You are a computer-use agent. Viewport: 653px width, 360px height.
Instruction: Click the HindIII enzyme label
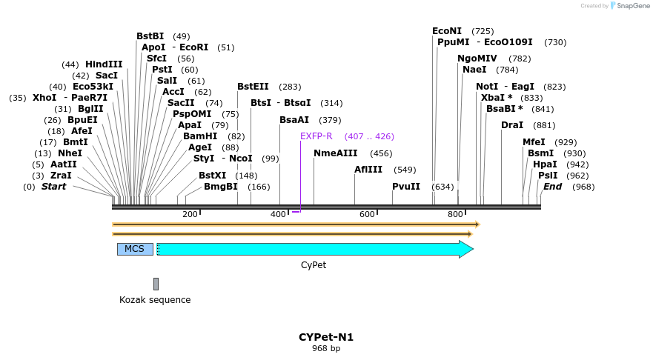[104, 64]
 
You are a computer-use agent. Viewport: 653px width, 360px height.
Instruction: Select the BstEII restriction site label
[253, 87]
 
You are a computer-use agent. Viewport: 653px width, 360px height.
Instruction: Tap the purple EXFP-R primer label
[316, 136]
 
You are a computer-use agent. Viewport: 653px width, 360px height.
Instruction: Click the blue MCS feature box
[135, 249]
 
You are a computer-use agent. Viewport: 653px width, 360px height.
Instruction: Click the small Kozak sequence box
[156, 284]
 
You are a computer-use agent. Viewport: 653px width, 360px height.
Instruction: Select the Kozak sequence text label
[155, 300]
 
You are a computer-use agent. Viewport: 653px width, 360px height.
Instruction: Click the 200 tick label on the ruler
[190, 214]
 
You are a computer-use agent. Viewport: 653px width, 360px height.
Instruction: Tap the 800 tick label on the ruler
[455, 214]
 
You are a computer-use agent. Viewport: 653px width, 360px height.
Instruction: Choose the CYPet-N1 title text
[326, 337]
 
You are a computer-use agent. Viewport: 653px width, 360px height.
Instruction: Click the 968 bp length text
[326, 348]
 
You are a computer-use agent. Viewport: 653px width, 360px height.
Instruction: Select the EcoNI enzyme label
[447, 31]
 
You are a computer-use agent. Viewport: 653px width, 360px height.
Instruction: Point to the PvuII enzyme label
[406, 187]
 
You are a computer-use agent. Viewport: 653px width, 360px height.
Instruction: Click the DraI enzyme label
[512, 125]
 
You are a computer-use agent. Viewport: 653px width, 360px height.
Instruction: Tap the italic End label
[552, 187]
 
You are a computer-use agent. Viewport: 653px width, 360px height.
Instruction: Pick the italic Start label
[53, 187]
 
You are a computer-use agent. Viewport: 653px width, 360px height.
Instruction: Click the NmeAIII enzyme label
[336, 153]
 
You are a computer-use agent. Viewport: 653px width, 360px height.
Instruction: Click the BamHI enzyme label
[200, 136]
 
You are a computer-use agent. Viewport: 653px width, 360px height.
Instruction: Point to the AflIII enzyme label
[368, 170]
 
